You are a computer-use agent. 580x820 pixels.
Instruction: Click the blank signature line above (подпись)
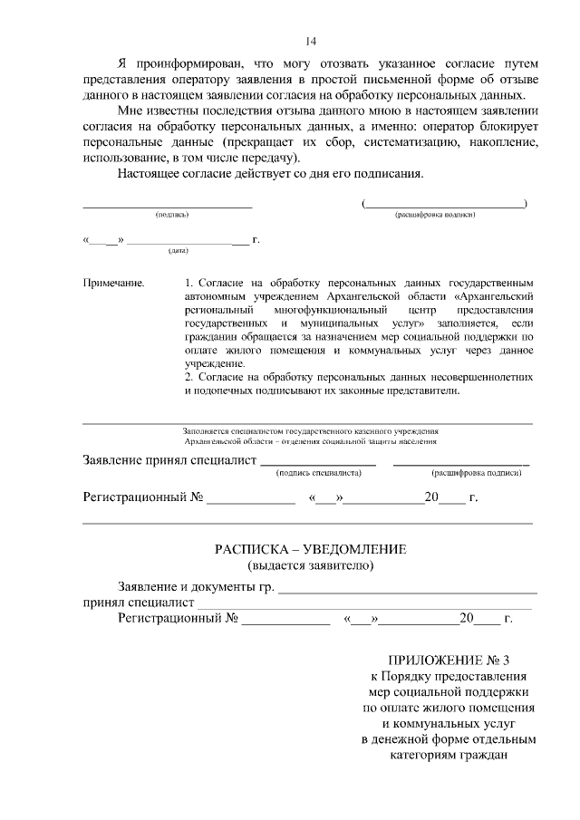[168, 207]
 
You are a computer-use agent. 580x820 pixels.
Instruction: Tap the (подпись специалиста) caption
[318, 472]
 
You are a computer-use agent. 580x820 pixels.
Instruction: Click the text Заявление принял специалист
[170, 460]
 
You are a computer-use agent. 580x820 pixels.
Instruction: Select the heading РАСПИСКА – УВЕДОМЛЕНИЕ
[311, 550]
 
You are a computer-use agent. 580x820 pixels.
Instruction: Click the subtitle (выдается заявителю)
[311, 566]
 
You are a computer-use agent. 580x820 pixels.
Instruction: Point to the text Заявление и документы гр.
[196, 588]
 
